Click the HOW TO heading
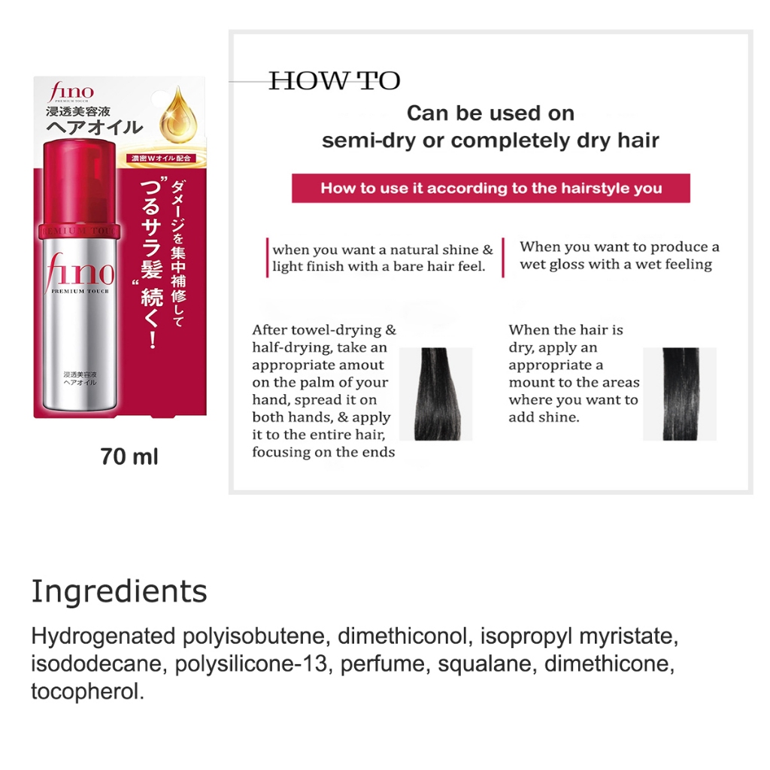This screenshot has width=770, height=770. [335, 81]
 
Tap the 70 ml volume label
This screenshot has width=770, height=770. [129, 456]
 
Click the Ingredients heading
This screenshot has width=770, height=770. [120, 592]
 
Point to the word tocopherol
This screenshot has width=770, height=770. [88, 692]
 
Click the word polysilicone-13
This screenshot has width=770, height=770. [251, 664]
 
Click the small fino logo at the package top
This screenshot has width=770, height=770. [71, 92]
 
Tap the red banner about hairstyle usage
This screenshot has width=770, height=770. [491, 188]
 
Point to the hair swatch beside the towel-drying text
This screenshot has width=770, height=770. [436, 394]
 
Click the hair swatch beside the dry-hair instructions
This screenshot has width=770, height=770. [680, 394]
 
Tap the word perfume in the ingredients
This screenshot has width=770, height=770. [386, 665]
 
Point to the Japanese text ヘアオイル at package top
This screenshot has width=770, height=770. [94, 128]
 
